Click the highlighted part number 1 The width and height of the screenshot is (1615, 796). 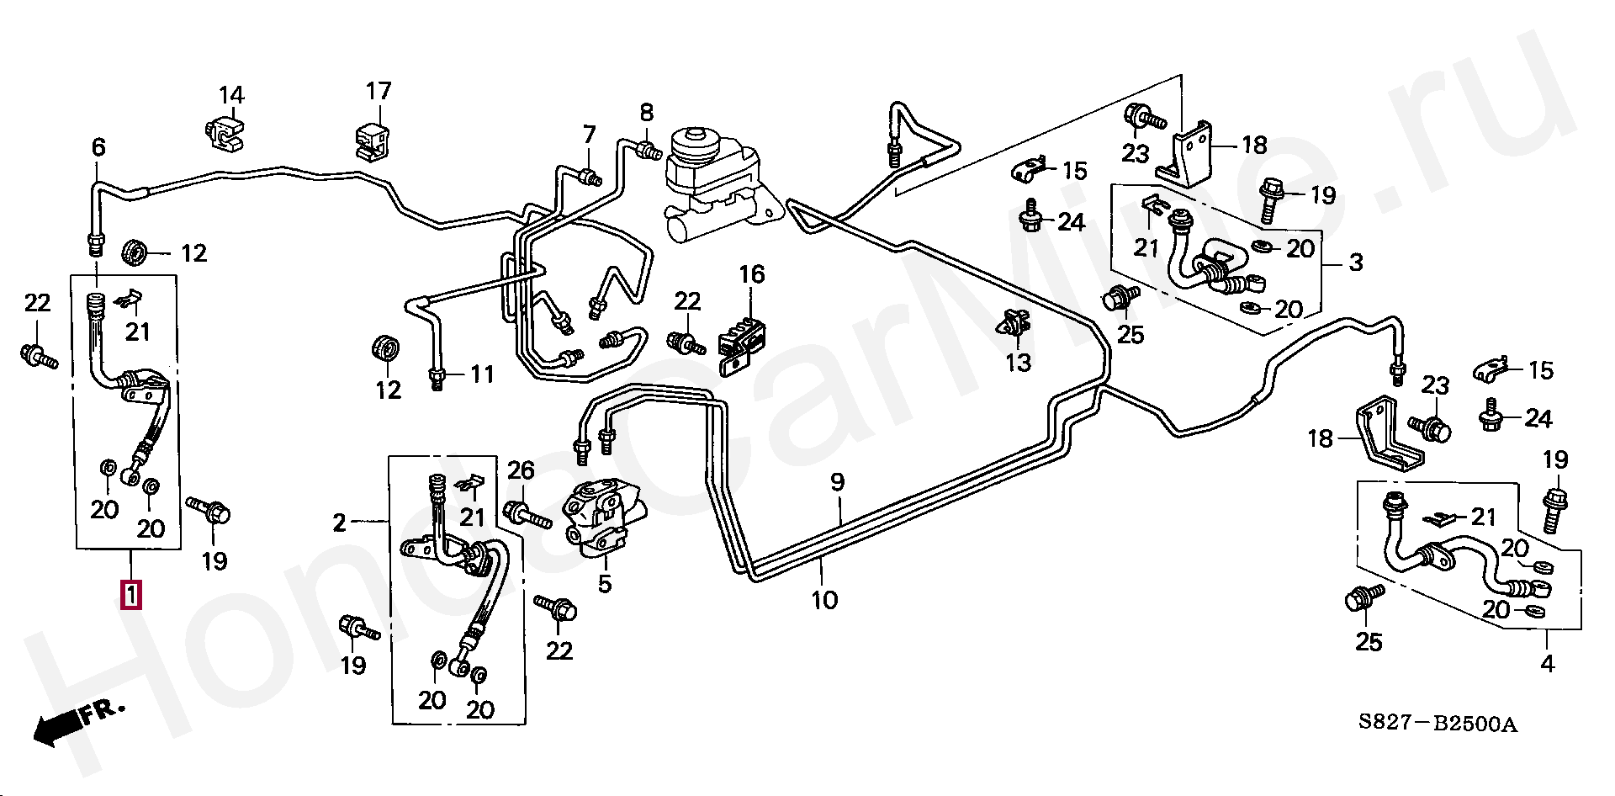pos(131,594)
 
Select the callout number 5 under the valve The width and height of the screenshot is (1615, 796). pos(605,584)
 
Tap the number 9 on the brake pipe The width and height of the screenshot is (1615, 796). pos(837,482)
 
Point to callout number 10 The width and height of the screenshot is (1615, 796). pos(824,600)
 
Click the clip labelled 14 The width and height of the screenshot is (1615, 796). pos(225,135)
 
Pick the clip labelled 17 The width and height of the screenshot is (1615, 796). pos(370,141)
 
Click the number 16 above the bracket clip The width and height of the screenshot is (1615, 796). pos(752,274)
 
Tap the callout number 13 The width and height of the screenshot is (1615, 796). pos(1018,363)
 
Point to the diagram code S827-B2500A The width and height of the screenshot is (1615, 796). pos(1438,724)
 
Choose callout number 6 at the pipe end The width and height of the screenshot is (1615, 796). pos(98,148)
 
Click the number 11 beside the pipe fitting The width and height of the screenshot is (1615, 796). pos(482,374)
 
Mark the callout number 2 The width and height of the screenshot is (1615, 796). pos(339,523)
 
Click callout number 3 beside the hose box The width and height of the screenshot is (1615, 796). pos(1355,263)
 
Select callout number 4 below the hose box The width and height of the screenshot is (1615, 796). pos(1547,664)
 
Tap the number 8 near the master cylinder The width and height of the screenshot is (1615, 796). pos(646,112)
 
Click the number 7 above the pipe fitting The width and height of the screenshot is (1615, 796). pos(589,135)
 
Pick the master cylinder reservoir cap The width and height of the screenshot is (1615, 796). pos(695,140)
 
